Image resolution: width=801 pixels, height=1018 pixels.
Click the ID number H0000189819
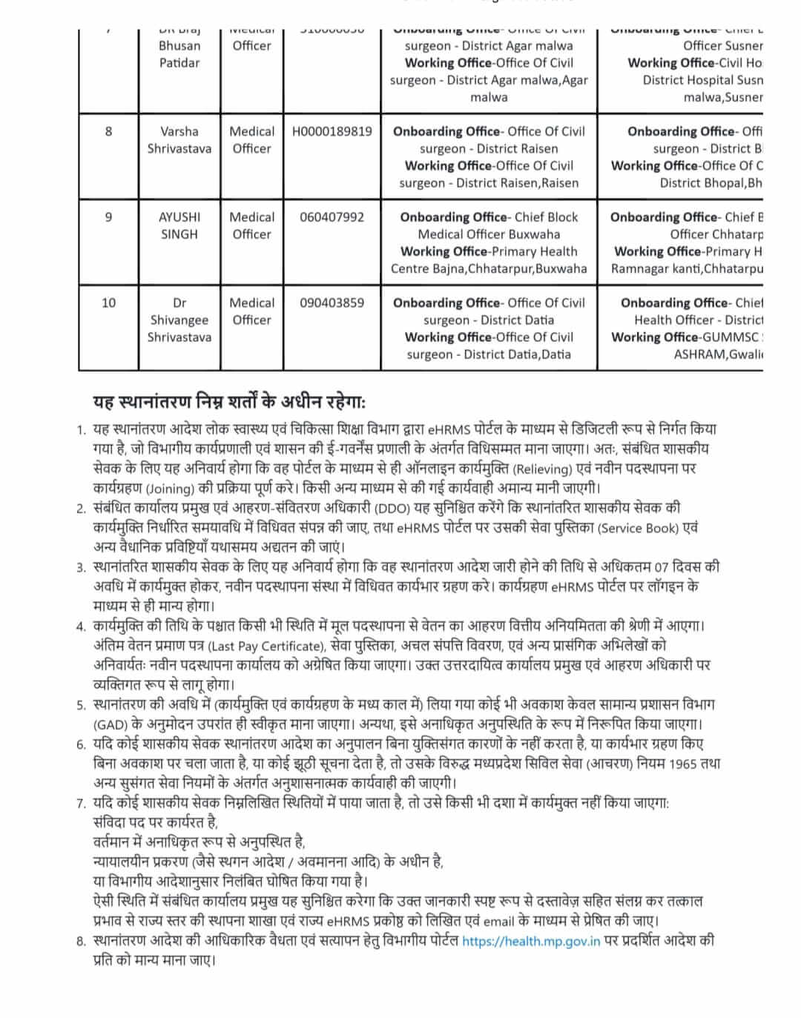tap(332, 131)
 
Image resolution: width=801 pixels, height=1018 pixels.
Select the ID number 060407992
tap(332, 217)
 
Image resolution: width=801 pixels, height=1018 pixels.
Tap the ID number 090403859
tap(332, 303)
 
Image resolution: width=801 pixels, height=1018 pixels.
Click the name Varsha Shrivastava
tap(179, 139)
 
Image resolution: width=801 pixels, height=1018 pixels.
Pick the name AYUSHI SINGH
tap(179, 225)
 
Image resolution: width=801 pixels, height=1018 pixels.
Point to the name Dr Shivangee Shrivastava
tap(179, 320)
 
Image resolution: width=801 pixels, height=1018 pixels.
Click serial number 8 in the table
tap(108, 131)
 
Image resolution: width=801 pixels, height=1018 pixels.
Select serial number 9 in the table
tap(108, 217)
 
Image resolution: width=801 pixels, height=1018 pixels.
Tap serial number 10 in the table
tap(108, 303)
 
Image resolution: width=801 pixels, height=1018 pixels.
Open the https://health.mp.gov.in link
tap(531, 942)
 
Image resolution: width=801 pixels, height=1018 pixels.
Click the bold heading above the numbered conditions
tap(229, 402)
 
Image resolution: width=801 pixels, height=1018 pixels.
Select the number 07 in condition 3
tap(661, 568)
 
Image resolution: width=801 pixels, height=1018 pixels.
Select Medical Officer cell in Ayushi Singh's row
tap(251, 225)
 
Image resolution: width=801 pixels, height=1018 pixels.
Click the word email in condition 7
tap(498, 922)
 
